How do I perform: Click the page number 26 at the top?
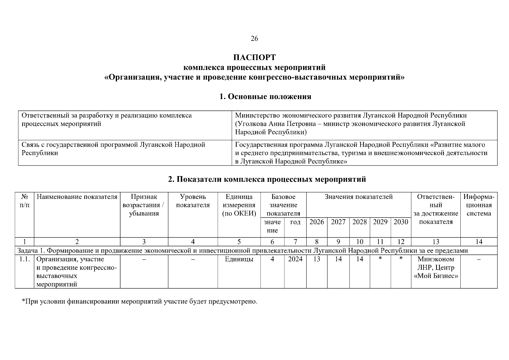coord(254,38)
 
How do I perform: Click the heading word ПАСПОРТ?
coord(254,57)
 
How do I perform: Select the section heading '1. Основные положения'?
coord(265,97)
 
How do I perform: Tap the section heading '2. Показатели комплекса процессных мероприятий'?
coord(267,179)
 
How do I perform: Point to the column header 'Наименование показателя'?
coord(77,197)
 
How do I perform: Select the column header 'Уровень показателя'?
coord(193,201)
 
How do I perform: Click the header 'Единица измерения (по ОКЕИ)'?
coord(239,205)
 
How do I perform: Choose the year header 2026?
coord(317,222)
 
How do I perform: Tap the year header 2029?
coord(380,222)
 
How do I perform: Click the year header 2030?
coord(401,222)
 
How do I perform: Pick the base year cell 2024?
coord(295,259)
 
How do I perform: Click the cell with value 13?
coord(317,259)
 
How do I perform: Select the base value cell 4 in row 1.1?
coord(272,259)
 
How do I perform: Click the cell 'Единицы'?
coord(239,259)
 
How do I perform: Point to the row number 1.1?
coord(24,259)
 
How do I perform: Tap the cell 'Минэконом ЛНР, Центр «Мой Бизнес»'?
coord(436,268)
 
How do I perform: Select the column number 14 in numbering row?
coord(479,242)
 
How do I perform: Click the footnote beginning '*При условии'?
coord(139,301)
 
